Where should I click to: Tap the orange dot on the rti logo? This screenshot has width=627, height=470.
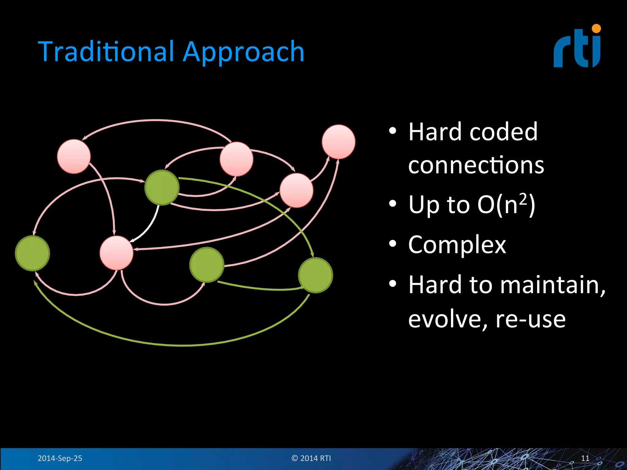pos(596,28)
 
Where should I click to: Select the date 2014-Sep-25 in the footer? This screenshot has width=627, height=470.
pos(60,458)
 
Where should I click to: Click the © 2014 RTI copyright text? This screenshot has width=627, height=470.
pos(311,458)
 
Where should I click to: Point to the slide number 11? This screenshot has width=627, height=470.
pos(585,458)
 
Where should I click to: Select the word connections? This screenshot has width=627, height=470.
pos(476,165)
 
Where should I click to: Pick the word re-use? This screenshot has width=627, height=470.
pos(530,319)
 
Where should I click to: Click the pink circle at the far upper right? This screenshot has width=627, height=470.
pos(338,142)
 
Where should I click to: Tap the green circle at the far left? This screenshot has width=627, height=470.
pos(32,253)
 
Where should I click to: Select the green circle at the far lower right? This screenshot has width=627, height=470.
pos(315,275)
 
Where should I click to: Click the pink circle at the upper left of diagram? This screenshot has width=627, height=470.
pos(74,156)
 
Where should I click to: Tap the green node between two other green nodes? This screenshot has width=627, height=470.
pos(207,265)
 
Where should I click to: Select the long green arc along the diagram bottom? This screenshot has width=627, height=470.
pos(181,345)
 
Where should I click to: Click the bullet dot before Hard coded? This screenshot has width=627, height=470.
pos(392,132)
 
